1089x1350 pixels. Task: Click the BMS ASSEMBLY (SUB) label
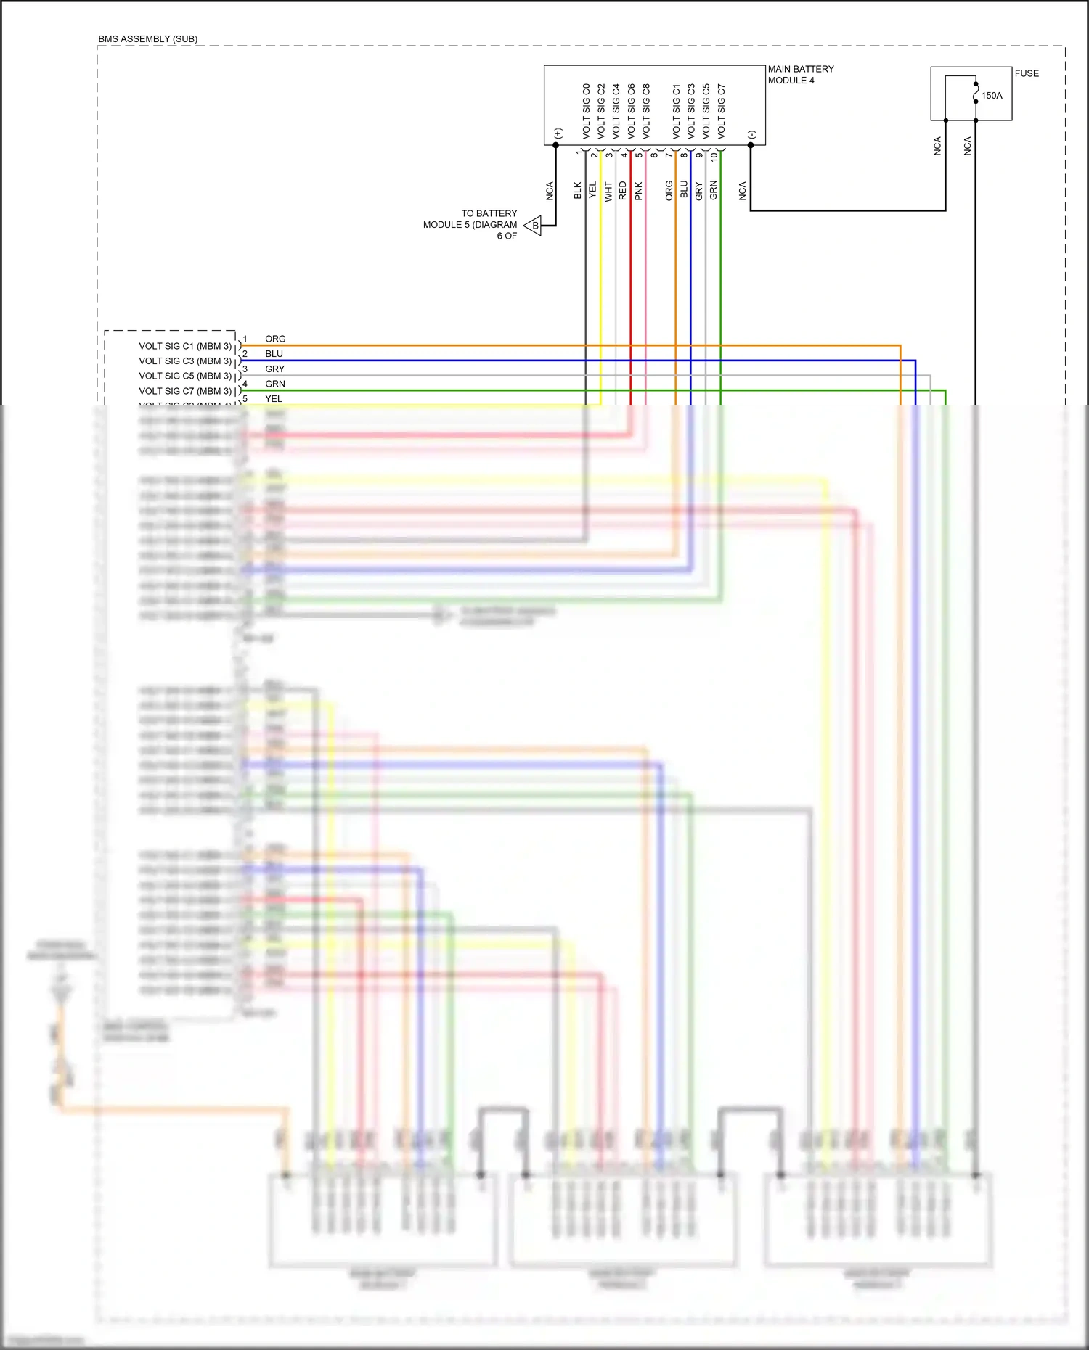(147, 38)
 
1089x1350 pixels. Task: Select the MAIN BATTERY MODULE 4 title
(800, 75)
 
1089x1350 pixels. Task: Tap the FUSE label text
(1026, 73)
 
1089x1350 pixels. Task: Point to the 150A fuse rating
(991, 95)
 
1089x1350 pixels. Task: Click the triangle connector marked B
(534, 226)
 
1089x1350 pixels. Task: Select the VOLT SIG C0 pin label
(586, 111)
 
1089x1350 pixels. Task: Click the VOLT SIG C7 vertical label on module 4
(721, 111)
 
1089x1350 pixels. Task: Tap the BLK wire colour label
(578, 191)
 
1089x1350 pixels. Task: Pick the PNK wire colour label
(638, 191)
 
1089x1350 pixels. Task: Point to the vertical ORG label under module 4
(669, 191)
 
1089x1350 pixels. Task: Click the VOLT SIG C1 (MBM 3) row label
(185, 346)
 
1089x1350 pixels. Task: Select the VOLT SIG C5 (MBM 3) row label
(185, 376)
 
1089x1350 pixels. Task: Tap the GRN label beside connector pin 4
(274, 384)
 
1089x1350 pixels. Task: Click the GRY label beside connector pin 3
(274, 369)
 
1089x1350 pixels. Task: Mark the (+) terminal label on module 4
(558, 133)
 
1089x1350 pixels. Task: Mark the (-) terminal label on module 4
(752, 134)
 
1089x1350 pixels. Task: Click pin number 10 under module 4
(714, 155)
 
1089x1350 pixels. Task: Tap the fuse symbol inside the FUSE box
(976, 93)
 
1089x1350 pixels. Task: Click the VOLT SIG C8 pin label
(646, 111)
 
